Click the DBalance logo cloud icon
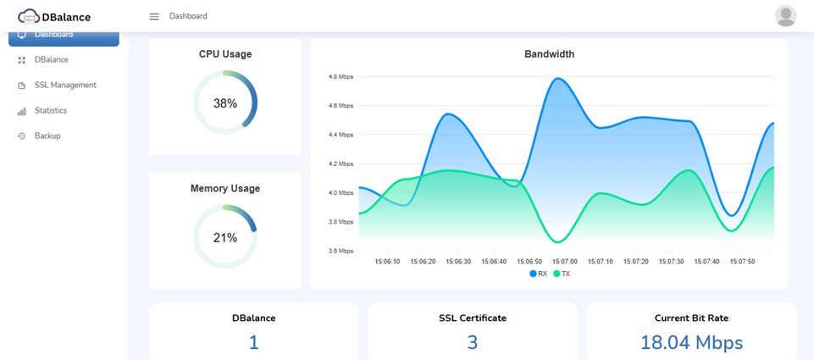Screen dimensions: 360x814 (x=29, y=16)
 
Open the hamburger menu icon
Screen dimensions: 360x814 (x=154, y=16)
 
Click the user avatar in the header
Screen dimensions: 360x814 (x=786, y=16)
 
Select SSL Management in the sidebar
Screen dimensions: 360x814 (x=65, y=85)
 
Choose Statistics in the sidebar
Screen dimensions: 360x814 (x=51, y=110)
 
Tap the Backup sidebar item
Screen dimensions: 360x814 (x=47, y=136)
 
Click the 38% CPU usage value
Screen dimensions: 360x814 (x=225, y=103)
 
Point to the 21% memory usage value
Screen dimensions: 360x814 (x=225, y=238)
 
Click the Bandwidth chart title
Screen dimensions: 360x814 (x=549, y=54)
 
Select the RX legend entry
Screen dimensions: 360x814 (x=539, y=274)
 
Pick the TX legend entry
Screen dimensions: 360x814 (x=562, y=274)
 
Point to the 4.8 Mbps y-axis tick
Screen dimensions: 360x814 (x=341, y=76)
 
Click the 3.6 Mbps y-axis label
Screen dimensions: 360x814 (x=341, y=251)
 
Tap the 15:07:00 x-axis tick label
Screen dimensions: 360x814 (x=564, y=262)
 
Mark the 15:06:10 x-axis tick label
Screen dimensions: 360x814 (x=387, y=262)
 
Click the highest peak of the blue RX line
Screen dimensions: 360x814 (x=558, y=79)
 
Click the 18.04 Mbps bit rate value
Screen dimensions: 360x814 (x=691, y=342)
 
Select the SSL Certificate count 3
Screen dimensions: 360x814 (x=473, y=342)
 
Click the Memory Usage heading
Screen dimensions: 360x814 (x=225, y=188)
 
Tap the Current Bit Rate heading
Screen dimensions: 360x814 (x=691, y=318)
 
